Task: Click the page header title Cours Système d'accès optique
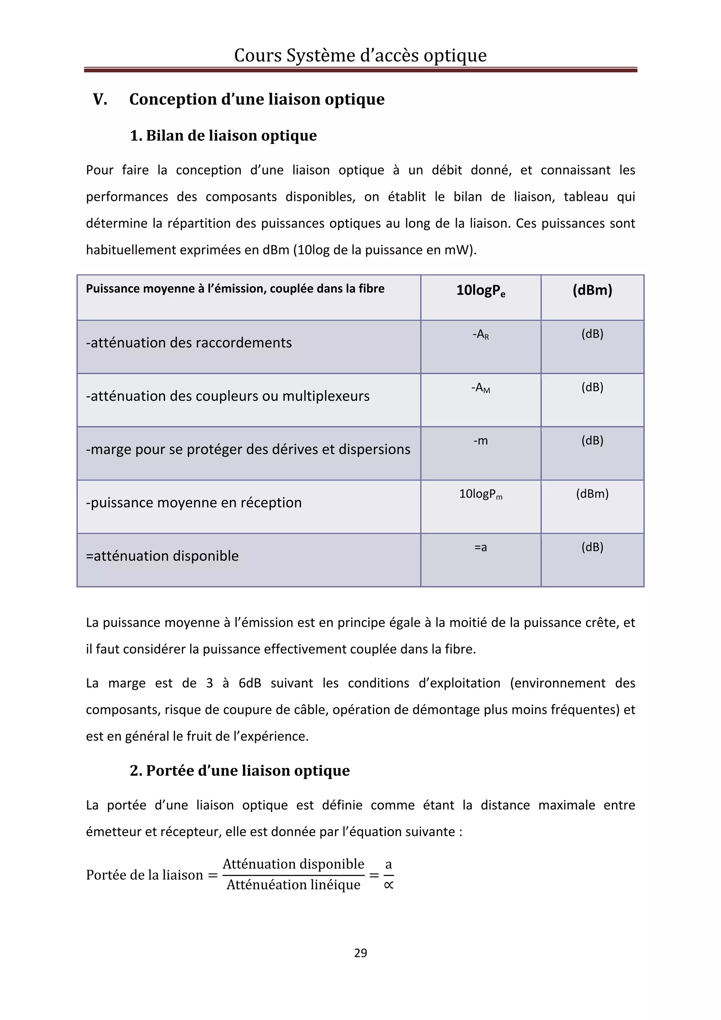(x=360, y=56)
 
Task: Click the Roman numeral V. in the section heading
(x=100, y=99)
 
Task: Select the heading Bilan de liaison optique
(x=231, y=136)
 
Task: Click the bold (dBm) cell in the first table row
(x=592, y=290)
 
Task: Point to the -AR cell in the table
(x=481, y=334)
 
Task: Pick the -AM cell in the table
(x=481, y=388)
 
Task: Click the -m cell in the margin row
(x=481, y=441)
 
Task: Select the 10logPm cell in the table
(x=481, y=494)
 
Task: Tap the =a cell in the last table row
(x=481, y=547)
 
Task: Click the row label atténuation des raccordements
(x=189, y=343)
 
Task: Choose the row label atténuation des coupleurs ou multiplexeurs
(x=227, y=396)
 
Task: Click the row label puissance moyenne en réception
(x=194, y=503)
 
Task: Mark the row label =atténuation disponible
(x=162, y=556)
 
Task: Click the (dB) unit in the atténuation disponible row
(x=592, y=547)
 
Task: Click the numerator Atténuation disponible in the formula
(x=293, y=864)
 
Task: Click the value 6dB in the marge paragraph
(x=250, y=683)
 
